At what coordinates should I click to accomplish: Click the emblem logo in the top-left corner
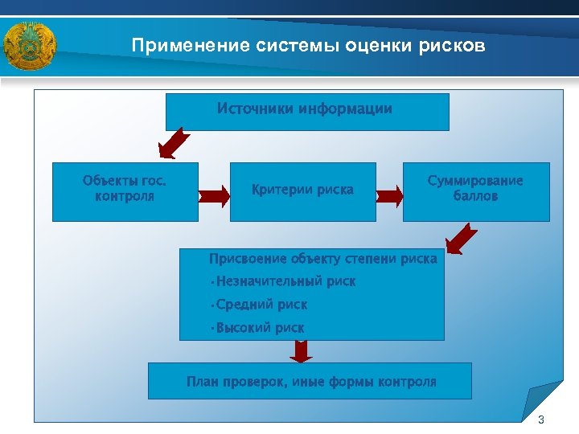29,47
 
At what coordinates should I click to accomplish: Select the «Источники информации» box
307,112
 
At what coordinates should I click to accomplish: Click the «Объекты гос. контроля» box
125,192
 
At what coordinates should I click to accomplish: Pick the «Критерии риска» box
302,191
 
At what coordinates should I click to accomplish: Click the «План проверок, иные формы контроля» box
310,381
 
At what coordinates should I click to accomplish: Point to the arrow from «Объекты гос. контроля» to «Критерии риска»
214,194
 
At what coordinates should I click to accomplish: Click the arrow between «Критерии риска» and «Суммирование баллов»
389,194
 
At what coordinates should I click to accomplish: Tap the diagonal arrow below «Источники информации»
174,144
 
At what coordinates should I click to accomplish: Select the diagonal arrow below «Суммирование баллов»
462,239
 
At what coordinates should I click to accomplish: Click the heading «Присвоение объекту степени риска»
322,259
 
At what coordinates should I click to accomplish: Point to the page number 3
540,420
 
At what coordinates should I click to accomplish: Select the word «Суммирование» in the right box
475,181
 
